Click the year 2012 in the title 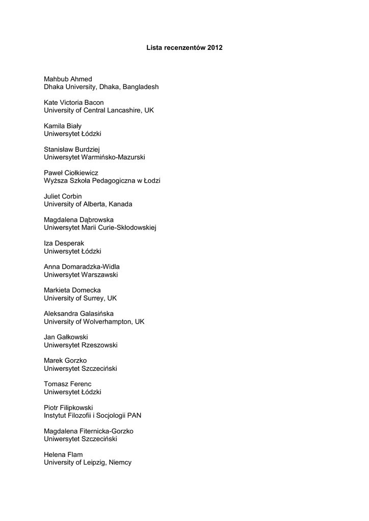coord(215,48)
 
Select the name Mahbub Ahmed coord(68,79)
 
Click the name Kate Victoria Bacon coord(73,103)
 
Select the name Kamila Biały coord(63,126)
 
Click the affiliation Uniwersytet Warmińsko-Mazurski coord(94,157)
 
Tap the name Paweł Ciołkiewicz coord(71,173)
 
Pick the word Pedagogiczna coord(114,181)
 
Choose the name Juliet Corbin coord(63,196)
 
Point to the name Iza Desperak coord(64,243)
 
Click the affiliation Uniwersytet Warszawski coord(81,274)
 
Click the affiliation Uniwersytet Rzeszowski coord(81,345)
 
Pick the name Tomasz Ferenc coord(68,384)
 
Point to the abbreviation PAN coord(134,415)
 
